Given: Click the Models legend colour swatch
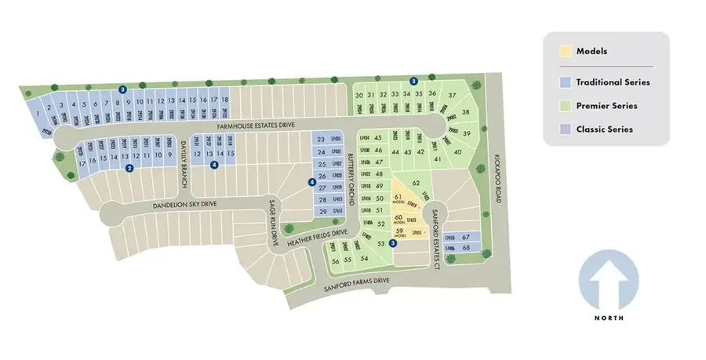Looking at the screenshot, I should [566, 52].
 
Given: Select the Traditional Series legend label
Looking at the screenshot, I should [613, 82].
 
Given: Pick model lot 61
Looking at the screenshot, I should [398, 197].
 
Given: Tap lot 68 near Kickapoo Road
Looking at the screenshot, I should [466, 249].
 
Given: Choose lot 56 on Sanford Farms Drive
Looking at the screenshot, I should [335, 260].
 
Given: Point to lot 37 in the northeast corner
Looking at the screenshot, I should [452, 96].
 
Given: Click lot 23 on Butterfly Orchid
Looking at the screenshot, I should [321, 140].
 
